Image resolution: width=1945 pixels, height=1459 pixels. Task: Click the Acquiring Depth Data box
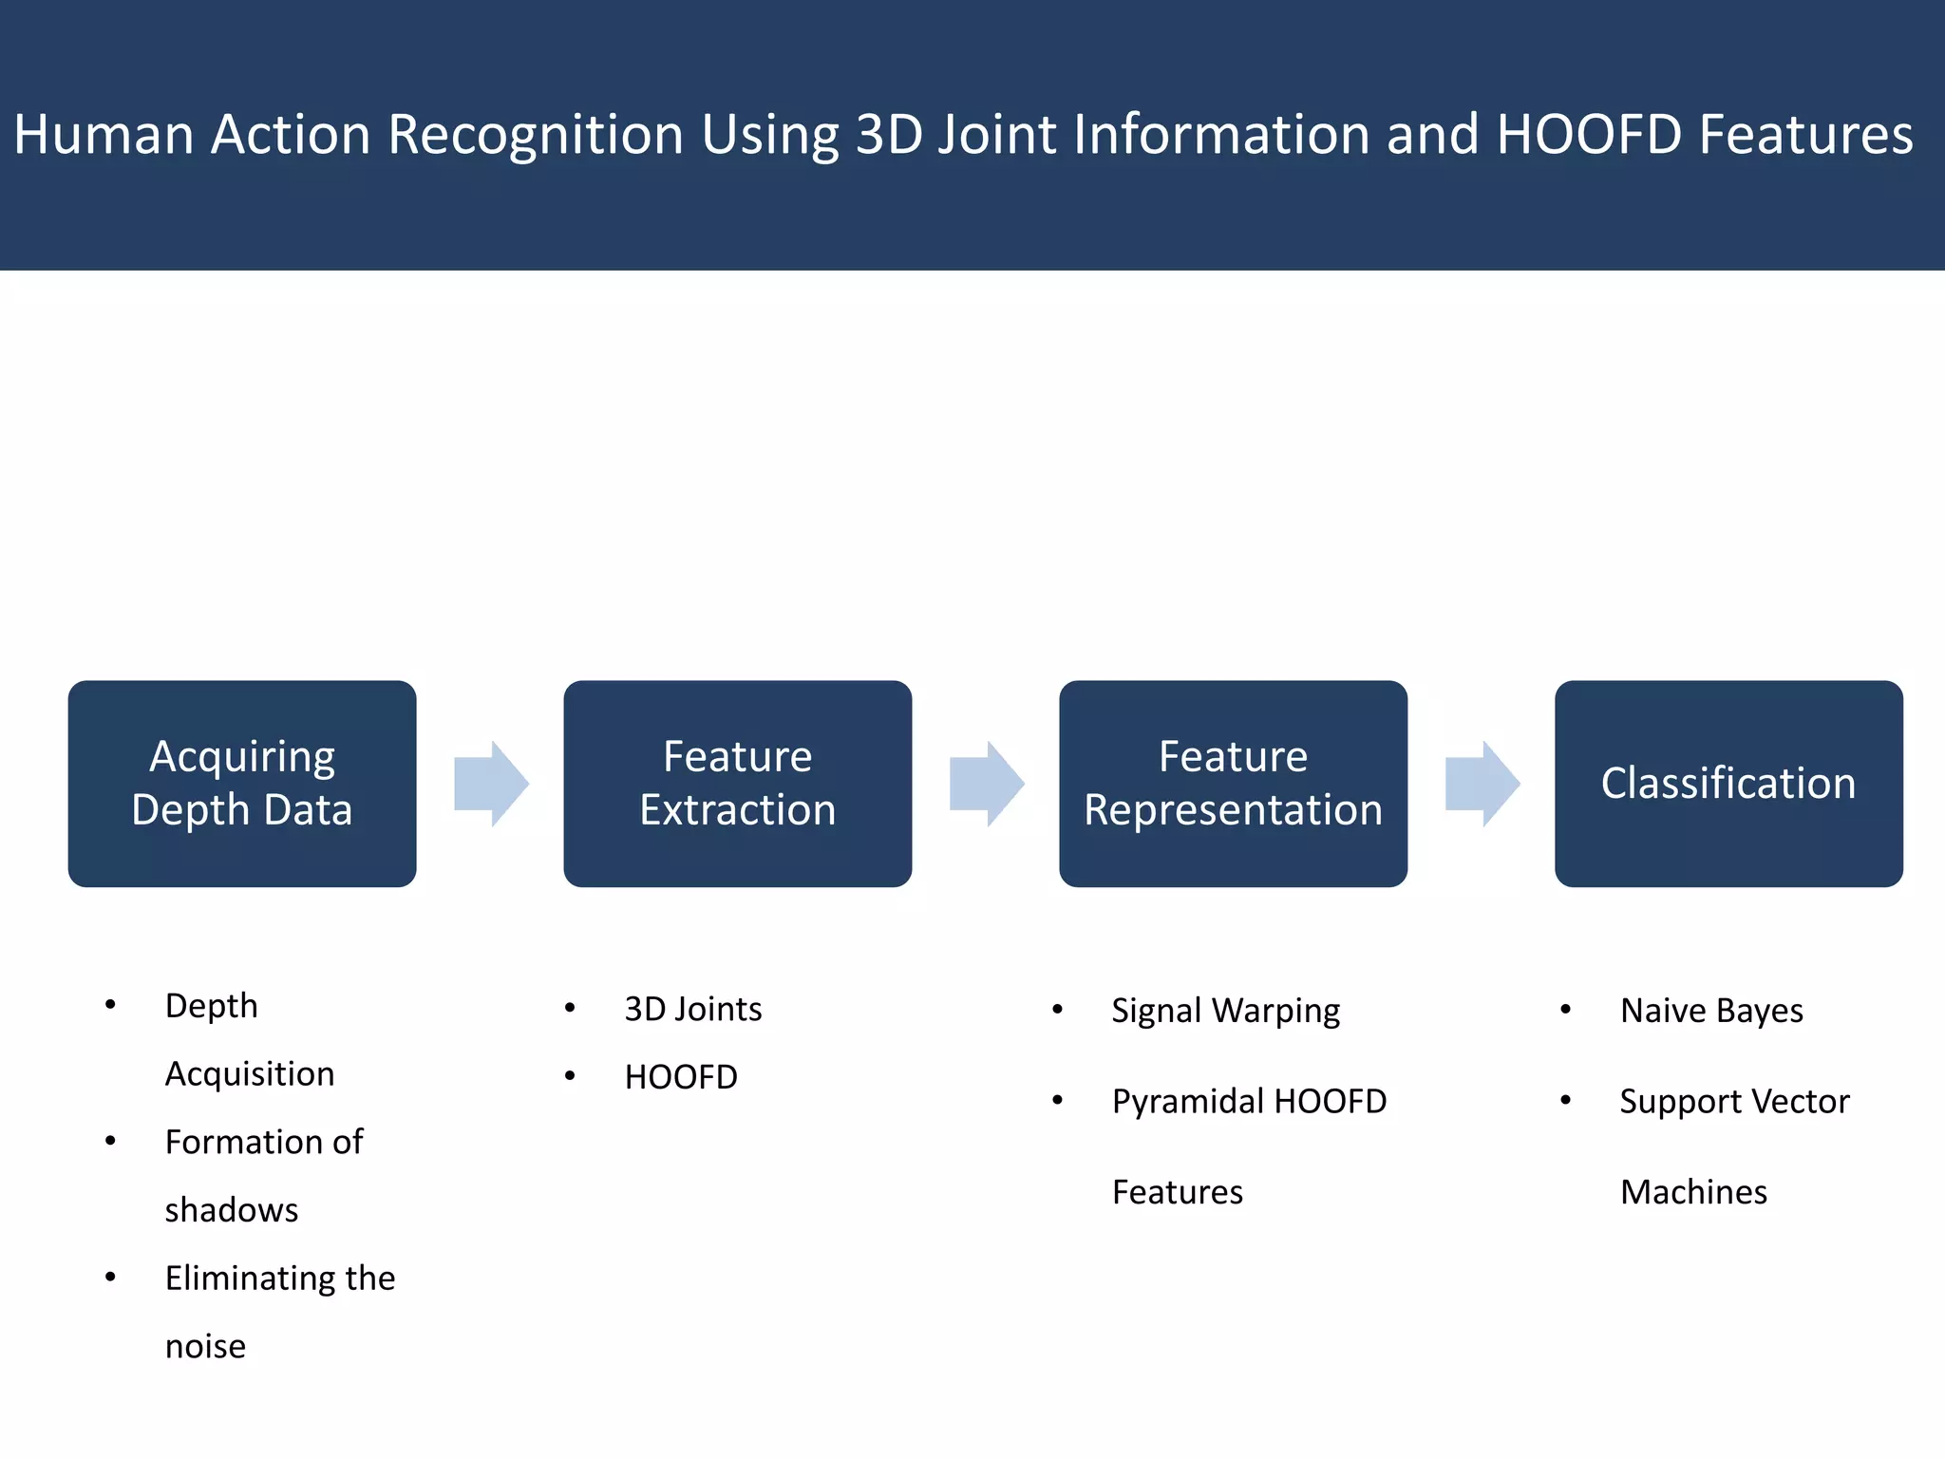pos(242,784)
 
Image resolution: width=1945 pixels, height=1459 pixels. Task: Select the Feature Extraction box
pos(737,784)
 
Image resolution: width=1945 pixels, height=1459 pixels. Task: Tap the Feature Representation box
pos(1233,784)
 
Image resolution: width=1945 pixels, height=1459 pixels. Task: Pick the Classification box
pos(1728,784)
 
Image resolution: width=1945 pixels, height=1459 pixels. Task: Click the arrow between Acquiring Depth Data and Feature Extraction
pos(491,784)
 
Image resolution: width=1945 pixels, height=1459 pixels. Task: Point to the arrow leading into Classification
pos(1482,784)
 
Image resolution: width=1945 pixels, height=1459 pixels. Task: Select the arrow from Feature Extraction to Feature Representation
pos(986,784)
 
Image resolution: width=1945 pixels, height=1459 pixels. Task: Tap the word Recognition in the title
pos(536,134)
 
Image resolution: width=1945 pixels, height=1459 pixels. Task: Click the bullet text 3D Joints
pos(692,1009)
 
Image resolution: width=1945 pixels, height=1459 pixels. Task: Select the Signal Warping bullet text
pos(1225,1011)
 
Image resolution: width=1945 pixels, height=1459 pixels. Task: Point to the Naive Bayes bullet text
pos(1711,1011)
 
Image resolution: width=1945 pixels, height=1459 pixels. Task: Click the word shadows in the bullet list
pos(232,1210)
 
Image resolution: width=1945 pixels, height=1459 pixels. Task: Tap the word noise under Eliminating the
pos(205,1347)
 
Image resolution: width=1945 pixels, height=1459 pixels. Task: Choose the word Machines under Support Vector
pos(1693,1192)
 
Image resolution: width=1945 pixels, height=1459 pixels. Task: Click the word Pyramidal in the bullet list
pos(1186,1102)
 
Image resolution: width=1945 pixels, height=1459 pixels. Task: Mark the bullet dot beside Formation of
pos(110,1141)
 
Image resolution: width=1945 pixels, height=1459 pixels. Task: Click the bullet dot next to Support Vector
pos(1565,1100)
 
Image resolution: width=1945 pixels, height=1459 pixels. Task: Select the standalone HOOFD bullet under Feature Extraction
pos(681,1077)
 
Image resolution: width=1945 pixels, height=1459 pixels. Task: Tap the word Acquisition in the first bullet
pos(250,1074)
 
